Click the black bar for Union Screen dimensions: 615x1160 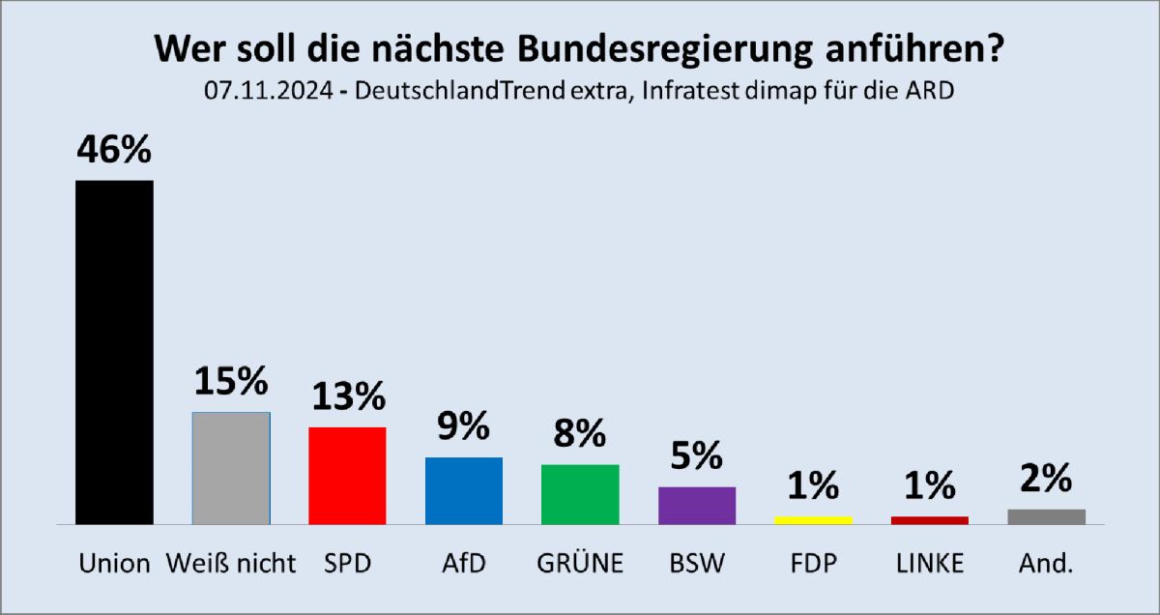(114, 352)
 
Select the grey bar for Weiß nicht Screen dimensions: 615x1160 (231, 468)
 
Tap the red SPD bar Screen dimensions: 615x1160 (347, 476)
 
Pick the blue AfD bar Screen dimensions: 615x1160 (464, 490)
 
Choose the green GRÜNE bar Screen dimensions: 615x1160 (580, 494)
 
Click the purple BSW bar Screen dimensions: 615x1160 (697, 505)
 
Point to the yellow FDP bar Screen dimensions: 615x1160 (813, 519)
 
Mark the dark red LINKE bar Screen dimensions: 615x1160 (930, 519)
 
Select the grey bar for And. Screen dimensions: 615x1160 (1046, 516)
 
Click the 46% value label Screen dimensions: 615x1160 (114, 152)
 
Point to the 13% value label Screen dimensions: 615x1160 (347, 396)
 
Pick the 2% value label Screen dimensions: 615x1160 (1046, 479)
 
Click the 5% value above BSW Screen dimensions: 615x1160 (697, 456)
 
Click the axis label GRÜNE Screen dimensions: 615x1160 (580, 564)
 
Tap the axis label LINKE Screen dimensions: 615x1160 (929, 564)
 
